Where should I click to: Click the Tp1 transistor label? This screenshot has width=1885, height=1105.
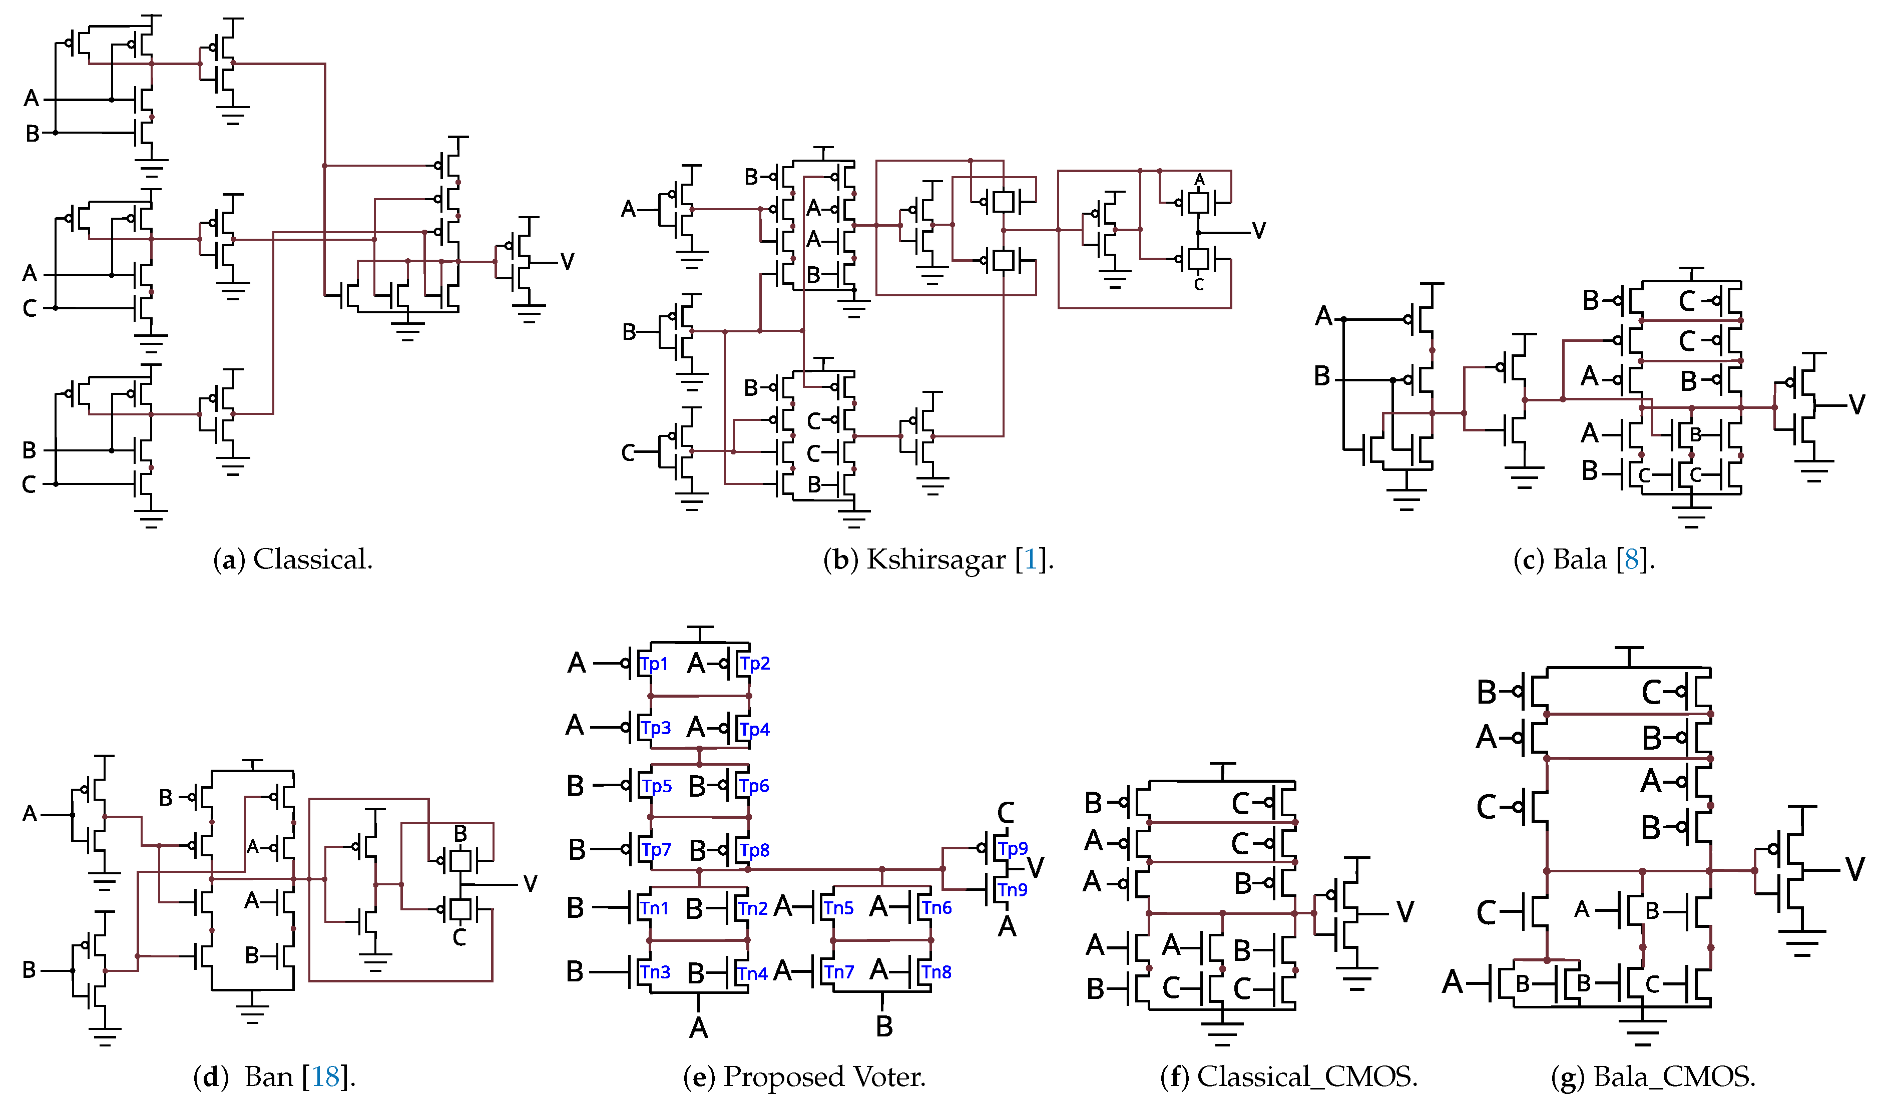click(654, 664)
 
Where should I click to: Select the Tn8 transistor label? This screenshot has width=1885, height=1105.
click(936, 972)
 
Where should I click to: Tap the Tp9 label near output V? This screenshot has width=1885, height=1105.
click(1013, 848)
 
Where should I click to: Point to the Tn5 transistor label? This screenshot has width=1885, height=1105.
click(838, 907)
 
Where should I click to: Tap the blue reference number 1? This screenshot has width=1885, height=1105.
click(1031, 560)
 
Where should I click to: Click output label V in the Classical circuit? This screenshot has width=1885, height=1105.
click(567, 261)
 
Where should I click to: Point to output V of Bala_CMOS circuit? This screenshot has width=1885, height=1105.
click(1855, 869)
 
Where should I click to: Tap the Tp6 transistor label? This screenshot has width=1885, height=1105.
click(754, 786)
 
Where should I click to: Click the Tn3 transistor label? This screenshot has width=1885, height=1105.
click(655, 972)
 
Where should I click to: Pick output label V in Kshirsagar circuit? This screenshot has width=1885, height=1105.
click(1259, 230)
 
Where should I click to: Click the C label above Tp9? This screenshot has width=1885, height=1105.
click(1006, 812)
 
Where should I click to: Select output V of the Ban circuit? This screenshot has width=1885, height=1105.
click(531, 884)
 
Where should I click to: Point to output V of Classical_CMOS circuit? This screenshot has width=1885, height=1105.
click(1405, 912)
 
